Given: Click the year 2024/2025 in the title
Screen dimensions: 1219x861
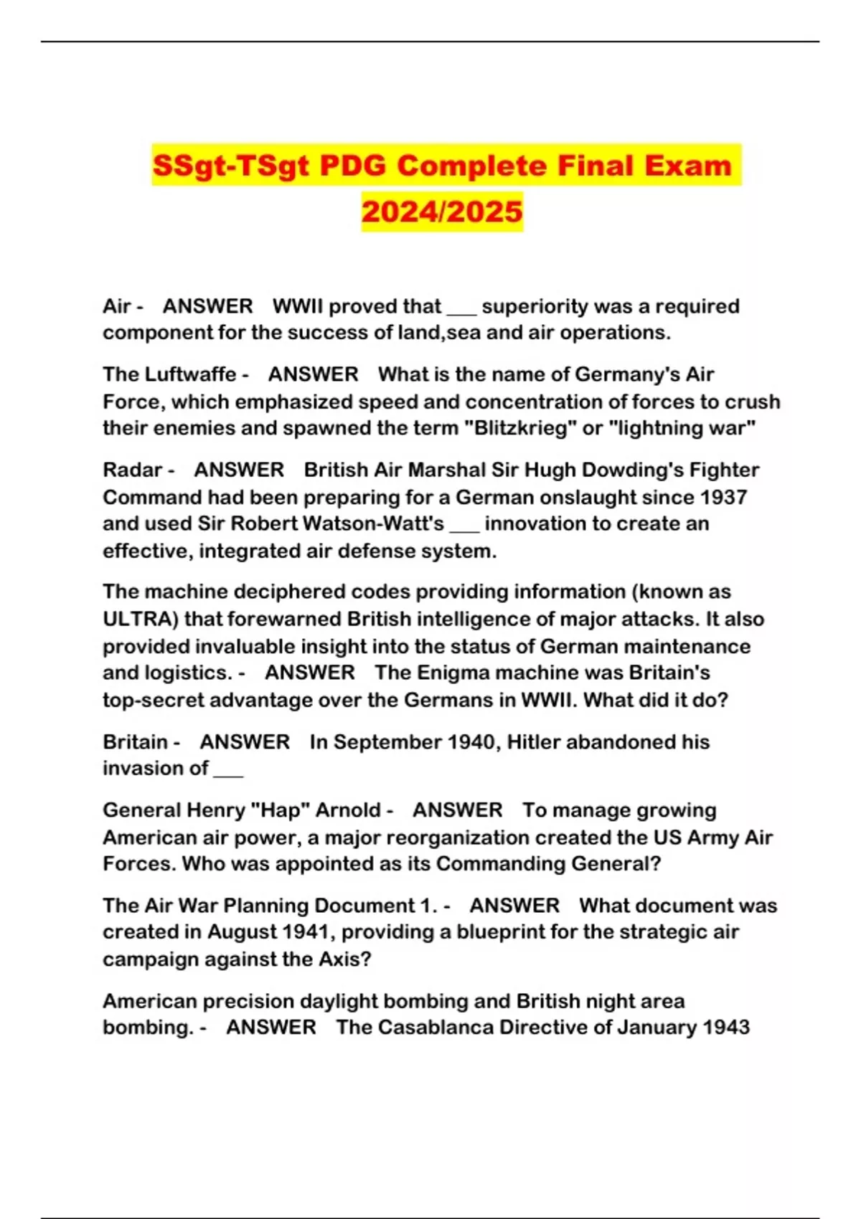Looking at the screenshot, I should pos(442,212).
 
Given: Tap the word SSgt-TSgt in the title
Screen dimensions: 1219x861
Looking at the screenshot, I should pos(231,166).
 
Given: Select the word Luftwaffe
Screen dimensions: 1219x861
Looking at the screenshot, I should pos(191,374).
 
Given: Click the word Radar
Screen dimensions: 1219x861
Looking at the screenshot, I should pos(133,470).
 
